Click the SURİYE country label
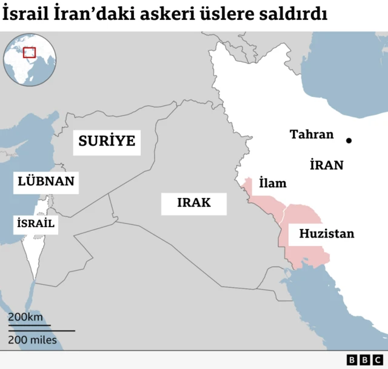(106, 142)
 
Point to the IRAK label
(194, 202)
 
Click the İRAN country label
(326, 165)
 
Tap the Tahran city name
(312, 135)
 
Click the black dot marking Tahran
(349, 141)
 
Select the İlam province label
(272, 183)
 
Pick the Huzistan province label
(326, 233)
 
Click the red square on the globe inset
(29, 53)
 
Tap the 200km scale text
(25, 317)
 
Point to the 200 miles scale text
(33, 340)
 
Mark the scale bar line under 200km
(28, 325)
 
